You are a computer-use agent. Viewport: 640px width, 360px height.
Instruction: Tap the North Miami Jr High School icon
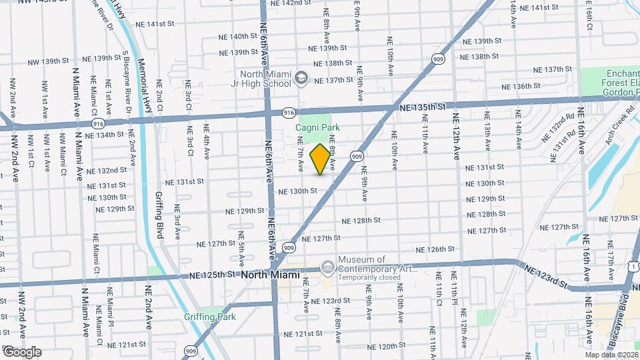tap(301, 79)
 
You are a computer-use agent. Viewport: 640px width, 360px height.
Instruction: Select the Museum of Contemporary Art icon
tap(327, 268)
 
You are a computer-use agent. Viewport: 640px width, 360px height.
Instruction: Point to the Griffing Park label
tap(207, 317)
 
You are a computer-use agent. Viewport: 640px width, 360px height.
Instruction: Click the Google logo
tap(21, 351)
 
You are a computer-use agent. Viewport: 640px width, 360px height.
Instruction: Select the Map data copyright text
tap(611, 355)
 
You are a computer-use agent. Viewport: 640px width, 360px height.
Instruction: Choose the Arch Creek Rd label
tap(611, 123)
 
